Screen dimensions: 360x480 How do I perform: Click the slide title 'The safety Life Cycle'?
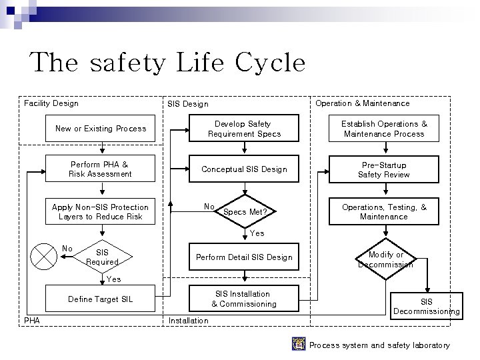tap(167, 63)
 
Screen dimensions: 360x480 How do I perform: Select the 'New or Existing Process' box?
tap(100, 129)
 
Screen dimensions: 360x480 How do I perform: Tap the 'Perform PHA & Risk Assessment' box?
tap(100, 169)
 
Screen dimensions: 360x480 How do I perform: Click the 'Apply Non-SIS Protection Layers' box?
tap(100, 212)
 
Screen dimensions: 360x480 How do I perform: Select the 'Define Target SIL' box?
tap(100, 299)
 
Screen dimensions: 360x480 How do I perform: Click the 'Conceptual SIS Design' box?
tap(244, 169)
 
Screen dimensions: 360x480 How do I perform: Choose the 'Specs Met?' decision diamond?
tap(244, 212)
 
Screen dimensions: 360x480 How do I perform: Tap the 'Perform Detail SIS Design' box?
tap(244, 257)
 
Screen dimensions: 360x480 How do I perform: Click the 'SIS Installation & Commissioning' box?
tap(244, 299)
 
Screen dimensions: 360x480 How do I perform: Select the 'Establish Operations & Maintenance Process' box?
tap(384, 129)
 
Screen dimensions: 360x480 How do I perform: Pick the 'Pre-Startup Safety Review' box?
tap(384, 169)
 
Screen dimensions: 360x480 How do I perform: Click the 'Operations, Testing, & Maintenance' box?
tap(384, 212)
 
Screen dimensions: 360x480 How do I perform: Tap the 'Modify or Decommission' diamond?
tap(385, 259)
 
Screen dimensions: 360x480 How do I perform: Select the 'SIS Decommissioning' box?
tap(426, 306)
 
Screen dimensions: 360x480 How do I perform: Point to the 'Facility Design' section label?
tap(51, 103)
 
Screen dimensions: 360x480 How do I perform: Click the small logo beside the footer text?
tap(299, 344)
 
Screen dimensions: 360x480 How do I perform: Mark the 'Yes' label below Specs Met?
tap(257, 233)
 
